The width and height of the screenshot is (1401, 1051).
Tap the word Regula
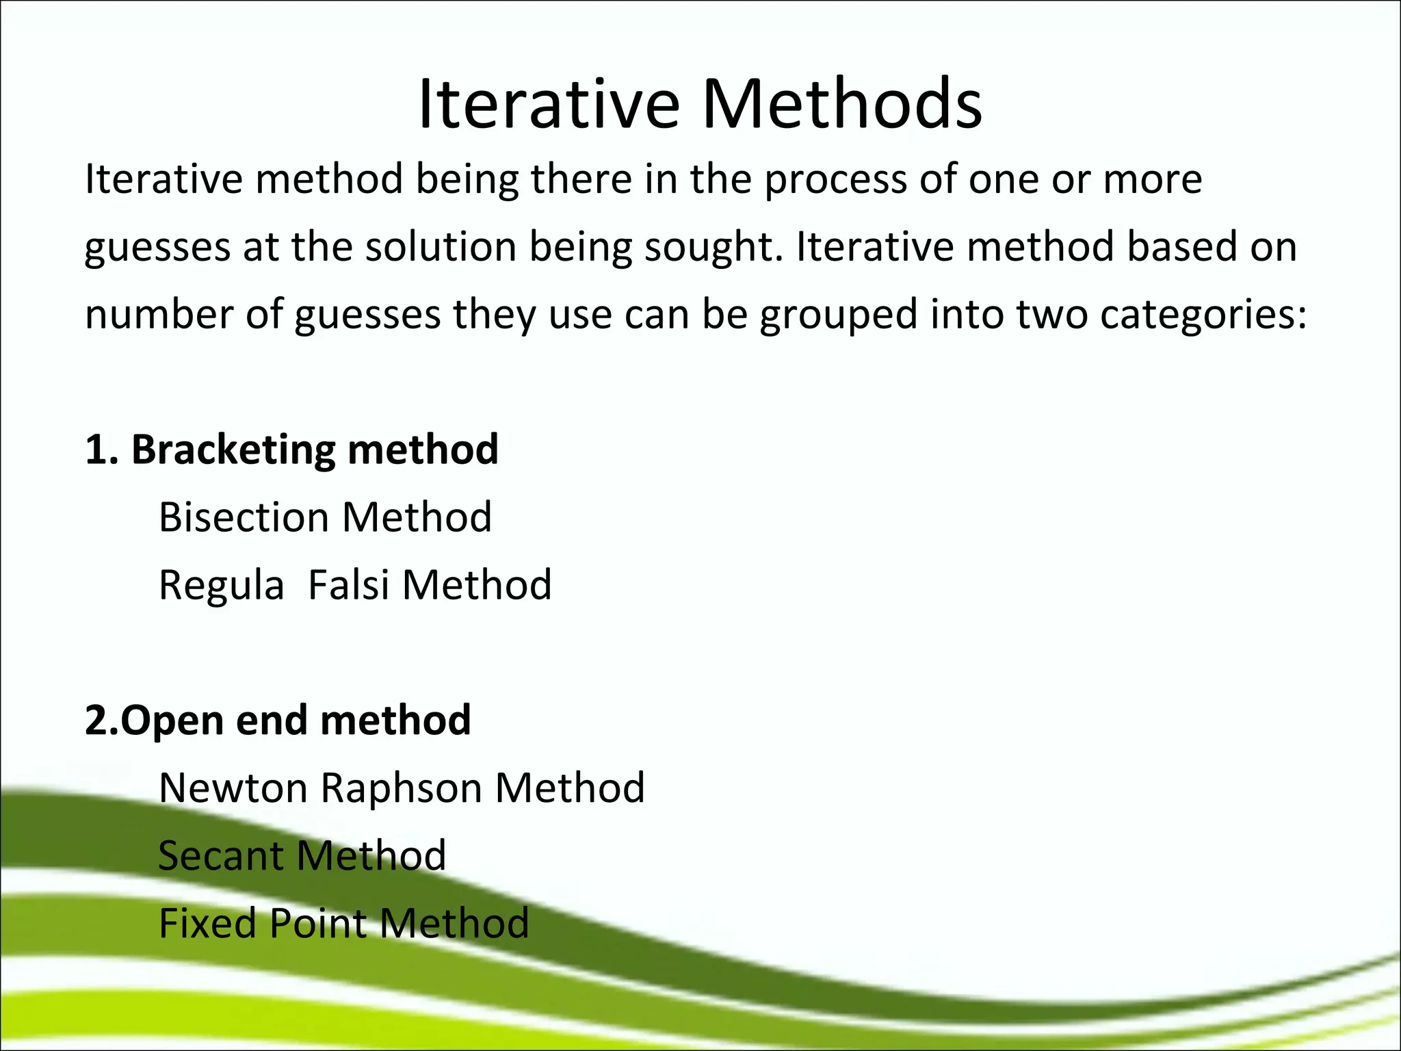pos(221,586)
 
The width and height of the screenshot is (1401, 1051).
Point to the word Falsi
pos(349,585)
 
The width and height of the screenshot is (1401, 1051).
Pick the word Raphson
pos(401,789)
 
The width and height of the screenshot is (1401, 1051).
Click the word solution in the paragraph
pos(440,248)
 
